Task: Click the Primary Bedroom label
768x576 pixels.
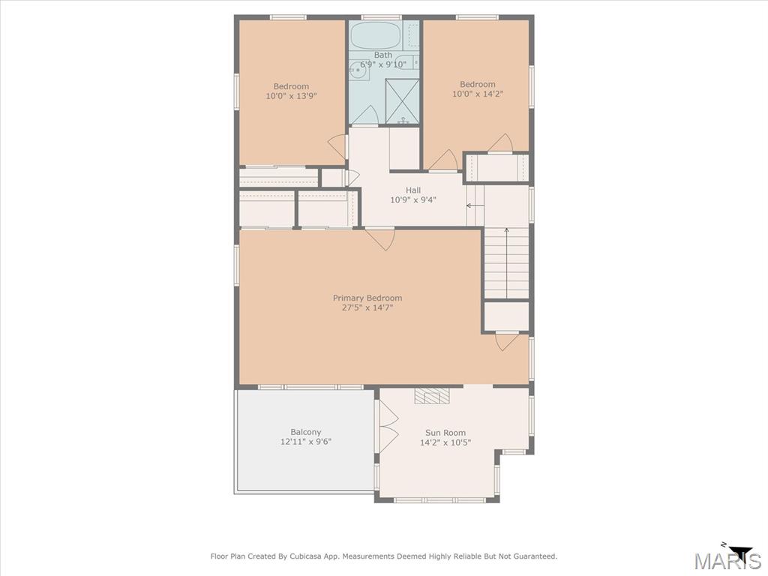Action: [x=367, y=298]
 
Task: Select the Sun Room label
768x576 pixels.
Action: [x=445, y=433]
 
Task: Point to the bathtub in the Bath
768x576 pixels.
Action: [x=376, y=35]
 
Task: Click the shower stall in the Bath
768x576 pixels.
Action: [x=403, y=100]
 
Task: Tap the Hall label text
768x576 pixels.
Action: [x=413, y=190]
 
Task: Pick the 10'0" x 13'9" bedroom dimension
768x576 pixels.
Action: [x=291, y=96]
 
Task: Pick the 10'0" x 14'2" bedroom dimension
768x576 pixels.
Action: [x=478, y=94]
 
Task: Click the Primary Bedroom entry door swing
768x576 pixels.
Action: [x=381, y=238]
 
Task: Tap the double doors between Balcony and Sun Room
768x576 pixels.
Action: [x=387, y=426]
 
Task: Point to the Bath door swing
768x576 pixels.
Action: [x=365, y=116]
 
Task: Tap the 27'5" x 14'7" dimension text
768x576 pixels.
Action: [x=367, y=307]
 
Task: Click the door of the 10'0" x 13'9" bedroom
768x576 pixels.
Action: [x=337, y=145]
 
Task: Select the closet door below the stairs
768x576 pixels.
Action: [x=507, y=341]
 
